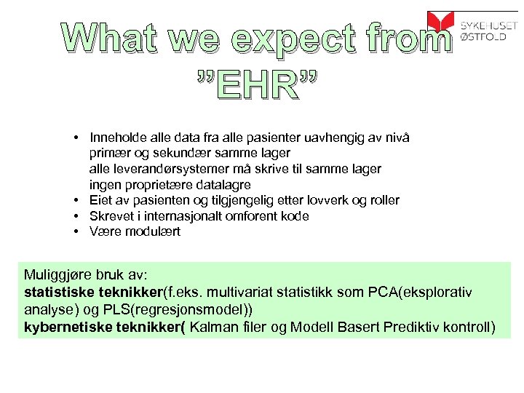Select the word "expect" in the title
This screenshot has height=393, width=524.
pyautogui.click(x=287, y=38)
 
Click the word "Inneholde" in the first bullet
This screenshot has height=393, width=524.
pyautogui.click(x=116, y=137)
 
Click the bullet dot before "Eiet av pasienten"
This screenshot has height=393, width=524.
pyautogui.click(x=76, y=200)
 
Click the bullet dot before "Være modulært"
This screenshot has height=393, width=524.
pyautogui.click(x=76, y=232)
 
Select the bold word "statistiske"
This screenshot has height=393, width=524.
pyautogui.click(x=58, y=293)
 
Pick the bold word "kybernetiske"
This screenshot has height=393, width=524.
pyautogui.click(x=65, y=326)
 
